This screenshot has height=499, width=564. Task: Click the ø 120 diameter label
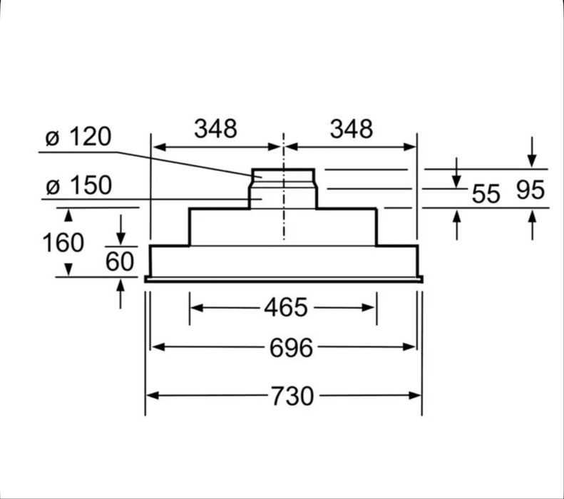pos(78,137)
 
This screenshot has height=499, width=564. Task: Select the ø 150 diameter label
pos(78,185)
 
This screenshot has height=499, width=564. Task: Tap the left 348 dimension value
pos(215,128)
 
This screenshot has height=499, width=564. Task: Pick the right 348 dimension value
pos(352,129)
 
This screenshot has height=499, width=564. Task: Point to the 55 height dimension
pos(486,194)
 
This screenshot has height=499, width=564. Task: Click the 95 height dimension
pos(530,190)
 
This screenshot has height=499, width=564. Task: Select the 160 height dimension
pos(63,242)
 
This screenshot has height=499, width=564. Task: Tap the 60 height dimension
pos(120,262)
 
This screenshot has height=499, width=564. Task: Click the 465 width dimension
pos(286,308)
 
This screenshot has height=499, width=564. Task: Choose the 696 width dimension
pos(292,348)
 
